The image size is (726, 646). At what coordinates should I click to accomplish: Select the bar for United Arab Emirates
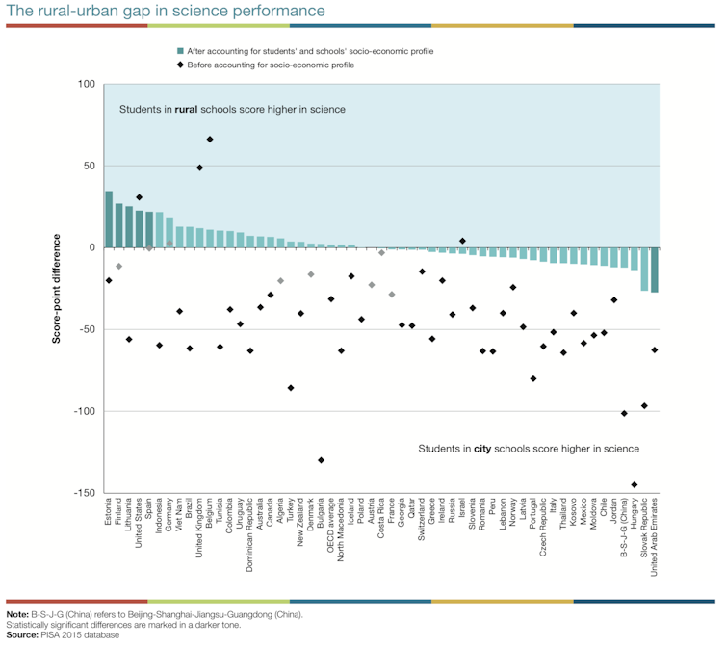(x=656, y=270)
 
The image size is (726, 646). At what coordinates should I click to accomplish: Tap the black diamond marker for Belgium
(x=210, y=140)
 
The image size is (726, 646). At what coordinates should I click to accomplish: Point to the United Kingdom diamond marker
(x=199, y=168)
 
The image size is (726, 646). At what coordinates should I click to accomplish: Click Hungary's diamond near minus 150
(x=635, y=485)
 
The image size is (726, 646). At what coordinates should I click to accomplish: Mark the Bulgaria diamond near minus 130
(x=321, y=460)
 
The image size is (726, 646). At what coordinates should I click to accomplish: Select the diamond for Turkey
(x=291, y=388)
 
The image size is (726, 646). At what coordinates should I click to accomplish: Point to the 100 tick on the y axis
(x=85, y=85)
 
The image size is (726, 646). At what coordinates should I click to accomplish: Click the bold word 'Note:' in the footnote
(x=17, y=614)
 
